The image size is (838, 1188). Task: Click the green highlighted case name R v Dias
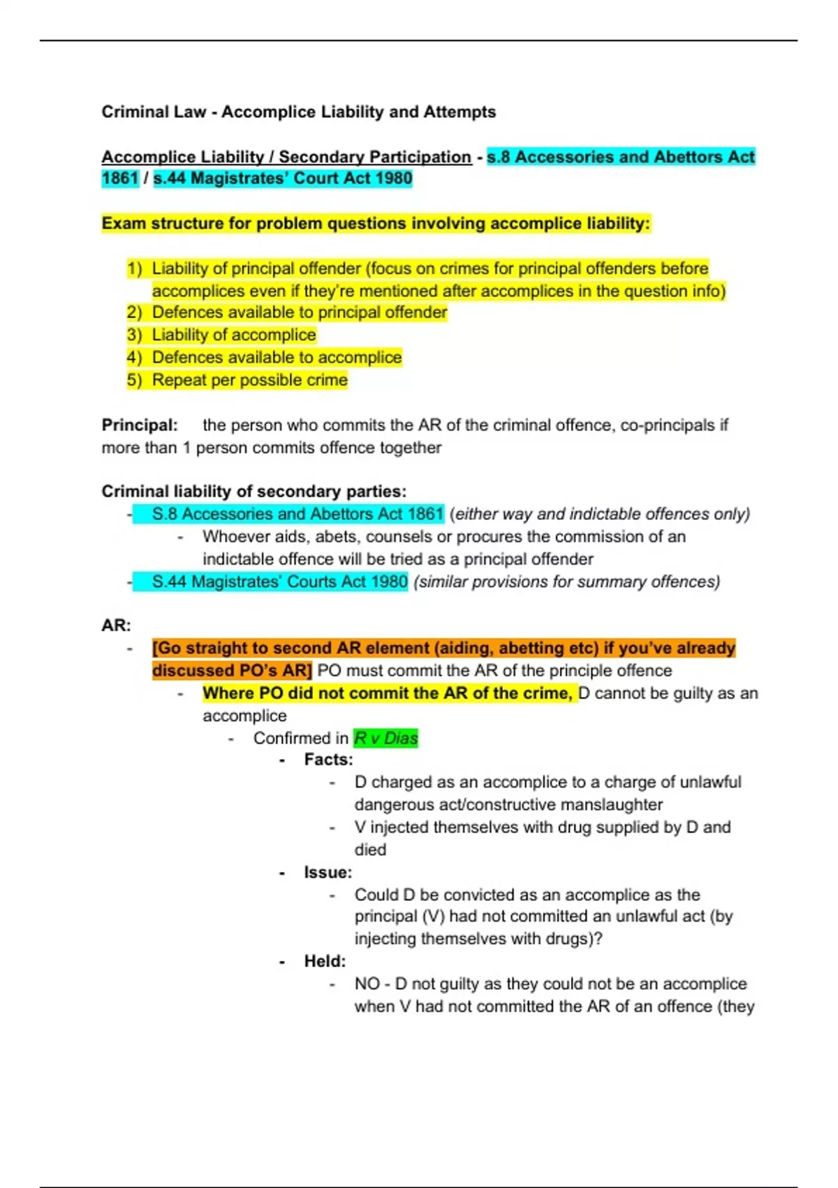[385, 738]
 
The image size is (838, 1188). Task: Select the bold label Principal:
[140, 425]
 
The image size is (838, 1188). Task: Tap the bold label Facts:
[328, 760]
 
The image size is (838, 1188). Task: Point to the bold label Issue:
[328, 872]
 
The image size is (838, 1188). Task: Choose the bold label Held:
[325, 962]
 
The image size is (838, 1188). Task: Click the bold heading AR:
[116, 625]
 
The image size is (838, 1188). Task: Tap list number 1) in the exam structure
[134, 268]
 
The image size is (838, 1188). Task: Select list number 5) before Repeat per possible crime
[134, 380]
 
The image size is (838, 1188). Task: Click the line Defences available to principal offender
[299, 312]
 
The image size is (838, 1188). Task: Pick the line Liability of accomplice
[234, 335]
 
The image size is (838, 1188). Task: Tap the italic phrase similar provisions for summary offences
[566, 581]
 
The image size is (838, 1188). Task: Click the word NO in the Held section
[367, 984]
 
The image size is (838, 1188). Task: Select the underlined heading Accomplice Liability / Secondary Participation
[286, 157]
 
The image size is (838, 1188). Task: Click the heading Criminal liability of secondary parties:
[253, 491]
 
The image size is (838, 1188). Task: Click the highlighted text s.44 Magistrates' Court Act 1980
[283, 178]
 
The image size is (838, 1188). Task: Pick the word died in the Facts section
[370, 850]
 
